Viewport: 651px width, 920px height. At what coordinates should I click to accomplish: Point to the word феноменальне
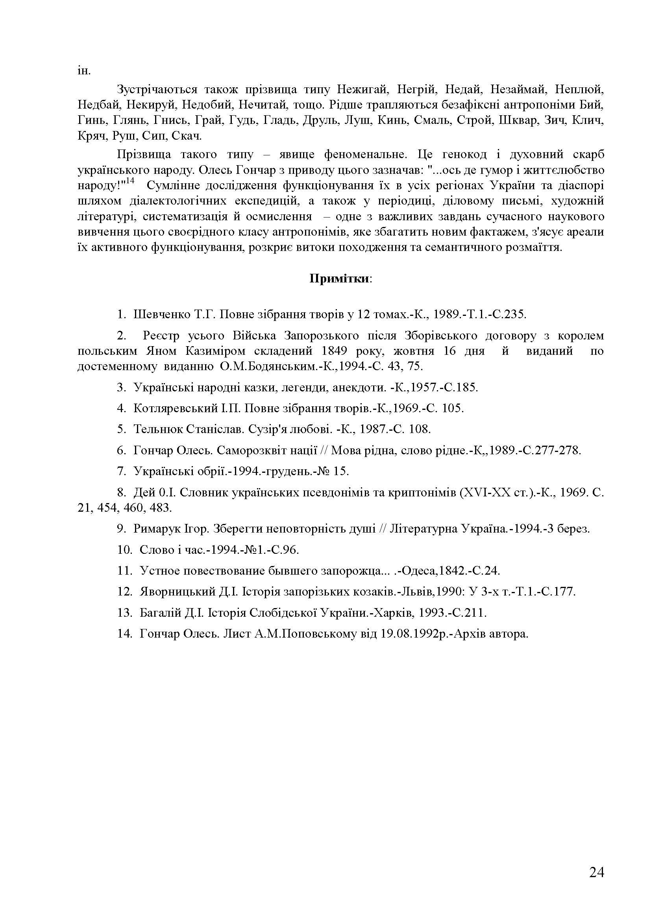[366, 155]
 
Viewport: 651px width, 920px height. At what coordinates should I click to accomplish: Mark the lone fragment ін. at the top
[84, 71]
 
